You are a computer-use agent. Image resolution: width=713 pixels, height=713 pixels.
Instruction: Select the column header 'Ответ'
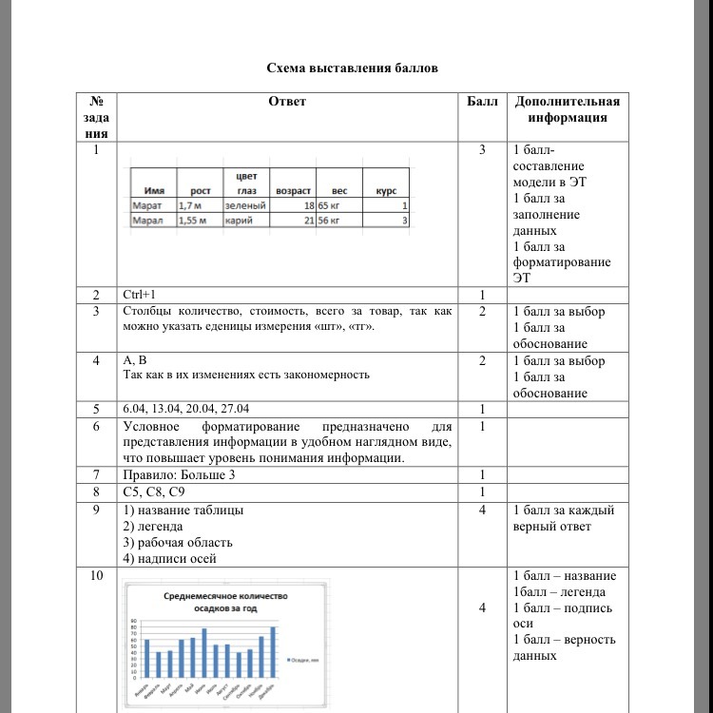[x=288, y=102]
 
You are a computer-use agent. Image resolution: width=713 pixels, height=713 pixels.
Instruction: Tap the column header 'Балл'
[x=483, y=102]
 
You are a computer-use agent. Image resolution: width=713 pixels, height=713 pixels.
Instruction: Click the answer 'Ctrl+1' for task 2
[x=141, y=296]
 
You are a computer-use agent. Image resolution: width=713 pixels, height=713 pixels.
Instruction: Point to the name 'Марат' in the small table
[x=147, y=204]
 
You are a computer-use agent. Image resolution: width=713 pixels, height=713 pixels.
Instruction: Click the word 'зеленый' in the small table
[x=244, y=204]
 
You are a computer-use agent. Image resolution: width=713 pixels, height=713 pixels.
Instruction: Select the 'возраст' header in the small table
[x=294, y=190]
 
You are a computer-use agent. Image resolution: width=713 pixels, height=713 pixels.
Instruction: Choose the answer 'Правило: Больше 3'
[x=179, y=474]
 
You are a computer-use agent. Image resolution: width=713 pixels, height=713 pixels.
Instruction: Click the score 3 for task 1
[x=483, y=150]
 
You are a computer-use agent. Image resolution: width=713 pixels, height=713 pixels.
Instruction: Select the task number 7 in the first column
[x=95, y=474]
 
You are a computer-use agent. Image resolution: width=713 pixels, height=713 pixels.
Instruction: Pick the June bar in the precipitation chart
[x=203, y=654]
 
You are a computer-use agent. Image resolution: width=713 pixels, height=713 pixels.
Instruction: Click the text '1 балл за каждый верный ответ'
[x=563, y=518]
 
